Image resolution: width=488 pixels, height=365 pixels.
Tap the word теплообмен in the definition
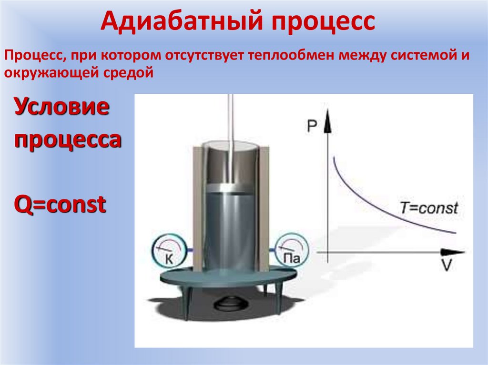[x=290, y=56]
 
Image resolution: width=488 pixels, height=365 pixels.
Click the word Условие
[x=61, y=109]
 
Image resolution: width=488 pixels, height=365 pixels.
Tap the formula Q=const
[x=59, y=205]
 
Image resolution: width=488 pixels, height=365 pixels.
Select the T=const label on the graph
[x=429, y=208]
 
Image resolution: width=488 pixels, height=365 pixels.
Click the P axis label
[x=312, y=125]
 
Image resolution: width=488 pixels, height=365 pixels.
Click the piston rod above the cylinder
[x=231, y=124]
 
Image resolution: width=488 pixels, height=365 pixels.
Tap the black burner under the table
[x=230, y=302]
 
